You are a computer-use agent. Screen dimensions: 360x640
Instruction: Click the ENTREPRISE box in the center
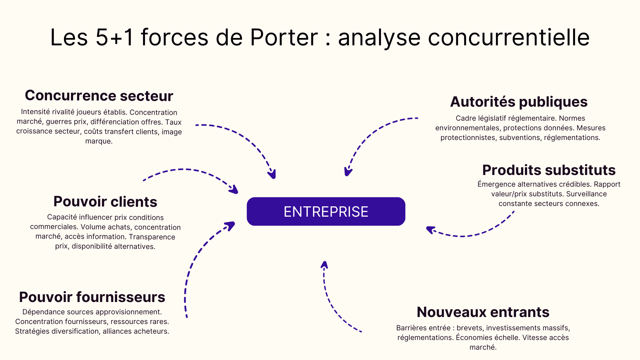[326, 211]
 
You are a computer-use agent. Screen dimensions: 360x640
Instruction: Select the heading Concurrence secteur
[99, 96]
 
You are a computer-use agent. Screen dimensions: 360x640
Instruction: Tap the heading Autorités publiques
[519, 102]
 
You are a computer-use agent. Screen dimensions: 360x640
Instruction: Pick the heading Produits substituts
[549, 170]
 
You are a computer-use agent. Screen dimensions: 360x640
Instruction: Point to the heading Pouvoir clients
[105, 202]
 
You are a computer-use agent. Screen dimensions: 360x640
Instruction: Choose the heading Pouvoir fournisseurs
[92, 297]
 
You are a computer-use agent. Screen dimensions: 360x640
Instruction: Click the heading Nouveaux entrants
[483, 312]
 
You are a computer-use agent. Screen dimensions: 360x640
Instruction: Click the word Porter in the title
[284, 37]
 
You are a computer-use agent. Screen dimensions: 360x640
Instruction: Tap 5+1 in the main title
[114, 37]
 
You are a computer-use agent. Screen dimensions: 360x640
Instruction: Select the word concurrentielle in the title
[509, 37]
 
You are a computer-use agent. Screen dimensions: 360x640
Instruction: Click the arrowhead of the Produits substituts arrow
[430, 230]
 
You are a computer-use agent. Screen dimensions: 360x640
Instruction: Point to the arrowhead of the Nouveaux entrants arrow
[324, 265]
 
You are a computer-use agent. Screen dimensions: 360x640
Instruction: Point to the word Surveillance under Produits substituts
[586, 194]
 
